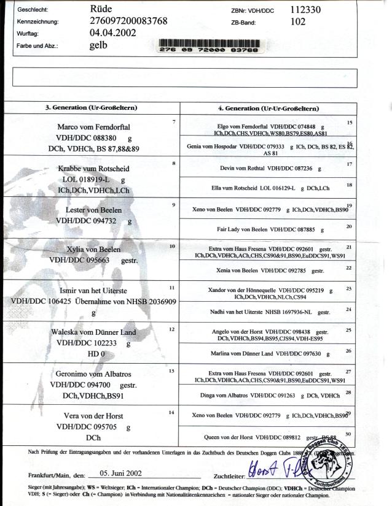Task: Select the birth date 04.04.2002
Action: tap(113, 33)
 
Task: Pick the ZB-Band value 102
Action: tap(297, 21)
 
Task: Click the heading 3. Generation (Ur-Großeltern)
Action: tap(92, 108)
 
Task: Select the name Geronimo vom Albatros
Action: tap(91, 374)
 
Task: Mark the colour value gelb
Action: tap(98, 44)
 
